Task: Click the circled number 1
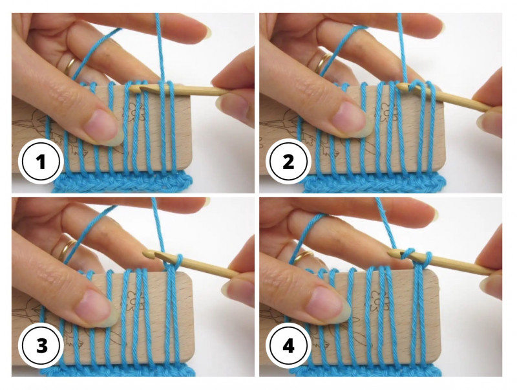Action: pyautogui.click(x=41, y=162)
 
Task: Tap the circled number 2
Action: pyautogui.click(x=288, y=162)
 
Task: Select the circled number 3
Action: pyautogui.click(x=41, y=346)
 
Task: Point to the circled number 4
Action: pyautogui.click(x=288, y=346)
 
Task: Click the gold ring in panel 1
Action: pyautogui.click(x=70, y=67)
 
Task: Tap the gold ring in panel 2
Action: pyautogui.click(x=321, y=63)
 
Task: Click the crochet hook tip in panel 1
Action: pyautogui.click(x=131, y=89)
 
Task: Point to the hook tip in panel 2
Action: pyautogui.click(x=399, y=87)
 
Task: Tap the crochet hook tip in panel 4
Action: pyautogui.click(x=391, y=254)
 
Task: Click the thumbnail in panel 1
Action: pyautogui.click(x=103, y=127)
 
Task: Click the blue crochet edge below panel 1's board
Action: pyautogui.click(x=122, y=182)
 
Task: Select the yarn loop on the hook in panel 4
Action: pyautogui.click(x=409, y=254)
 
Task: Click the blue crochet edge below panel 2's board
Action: pyautogui.click(x=374, y=183)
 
